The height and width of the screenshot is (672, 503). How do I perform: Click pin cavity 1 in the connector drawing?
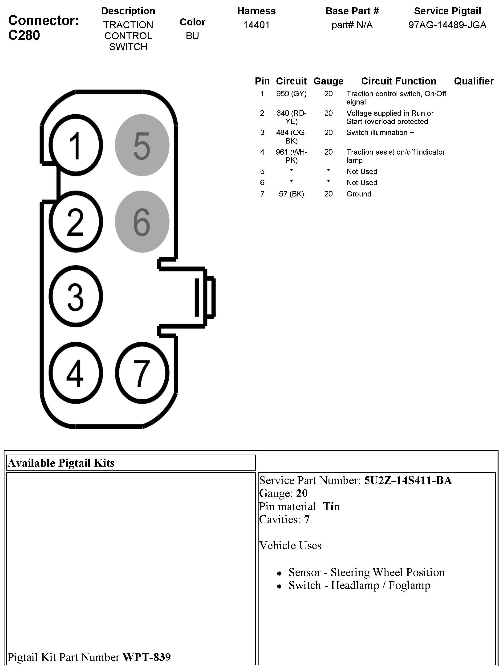[76, 145]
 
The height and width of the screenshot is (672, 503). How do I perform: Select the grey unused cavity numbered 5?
[142, 145]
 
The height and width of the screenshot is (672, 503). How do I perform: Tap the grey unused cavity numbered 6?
[142, 221]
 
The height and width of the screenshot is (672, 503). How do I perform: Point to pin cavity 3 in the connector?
[76, 296]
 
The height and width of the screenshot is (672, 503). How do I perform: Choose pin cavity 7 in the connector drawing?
[142, 373]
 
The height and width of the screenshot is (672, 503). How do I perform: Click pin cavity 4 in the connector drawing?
[76, 373]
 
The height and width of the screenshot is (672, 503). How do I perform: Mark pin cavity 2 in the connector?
[76, 221]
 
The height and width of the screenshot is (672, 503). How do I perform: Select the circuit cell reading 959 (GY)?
[291, 94]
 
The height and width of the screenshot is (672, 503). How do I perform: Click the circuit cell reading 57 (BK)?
[291, 194]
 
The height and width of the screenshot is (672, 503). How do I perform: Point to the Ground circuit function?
[359, 194]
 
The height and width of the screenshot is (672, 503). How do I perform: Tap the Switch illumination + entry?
[380, 132]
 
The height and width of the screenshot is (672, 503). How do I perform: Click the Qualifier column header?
[474, 81]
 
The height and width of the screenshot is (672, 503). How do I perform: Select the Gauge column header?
[328, 81]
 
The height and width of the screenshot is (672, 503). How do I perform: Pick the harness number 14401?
[256, 25]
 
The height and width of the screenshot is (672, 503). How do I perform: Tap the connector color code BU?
[192, 36]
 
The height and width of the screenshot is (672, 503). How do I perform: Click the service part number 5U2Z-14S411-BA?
[408, 480]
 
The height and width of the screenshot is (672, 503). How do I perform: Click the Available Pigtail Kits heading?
[61, 463]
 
